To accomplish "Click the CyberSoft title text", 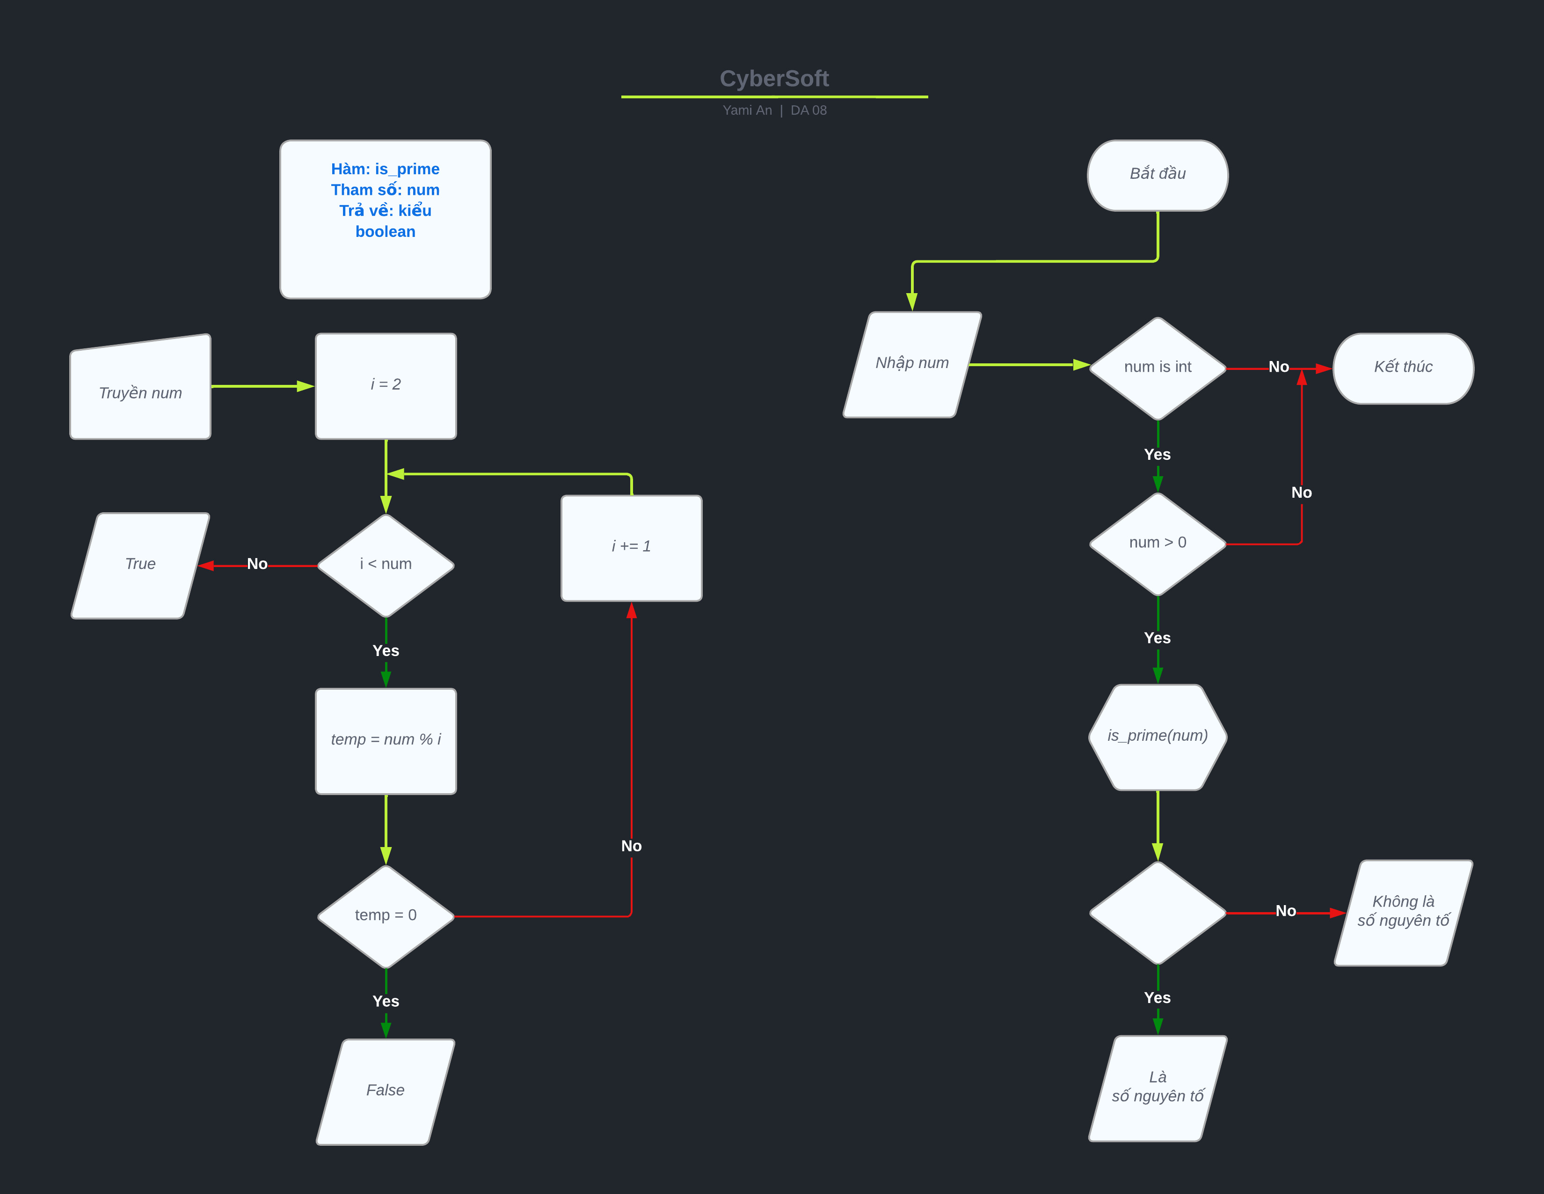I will coord(774,79).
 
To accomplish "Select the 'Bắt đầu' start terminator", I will coord(1157,175).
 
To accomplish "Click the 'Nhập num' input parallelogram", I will coord(912,364).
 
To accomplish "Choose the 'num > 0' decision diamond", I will coord(1157,543).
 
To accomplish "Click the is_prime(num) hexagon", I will coord(1157,737).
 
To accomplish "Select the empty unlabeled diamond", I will coord(1157,913).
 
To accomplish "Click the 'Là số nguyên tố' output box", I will coord(1157,1087).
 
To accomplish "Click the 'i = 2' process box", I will coord(385,385).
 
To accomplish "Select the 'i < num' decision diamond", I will coord(385,565).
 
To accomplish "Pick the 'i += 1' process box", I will coord(631,547).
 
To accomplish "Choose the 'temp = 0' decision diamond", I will coord(385,916).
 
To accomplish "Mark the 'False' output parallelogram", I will coord(385,1091).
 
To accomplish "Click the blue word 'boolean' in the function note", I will coord(385,232).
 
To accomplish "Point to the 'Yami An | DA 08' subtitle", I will coord(774,111).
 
